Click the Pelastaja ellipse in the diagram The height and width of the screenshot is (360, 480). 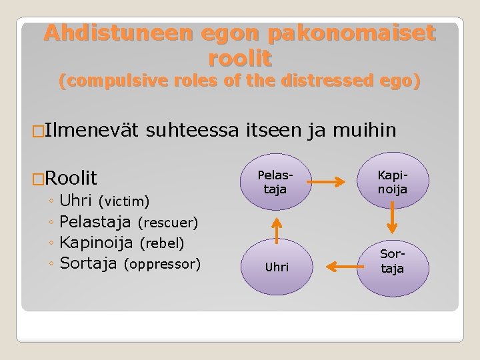273,181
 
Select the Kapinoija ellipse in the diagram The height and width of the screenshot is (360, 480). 392,181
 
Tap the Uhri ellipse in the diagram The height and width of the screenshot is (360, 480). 277,267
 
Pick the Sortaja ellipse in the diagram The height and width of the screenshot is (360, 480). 392,262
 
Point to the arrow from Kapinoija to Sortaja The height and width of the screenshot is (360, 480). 393,219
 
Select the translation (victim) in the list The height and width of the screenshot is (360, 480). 124,201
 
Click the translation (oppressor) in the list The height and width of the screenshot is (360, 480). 162,264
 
